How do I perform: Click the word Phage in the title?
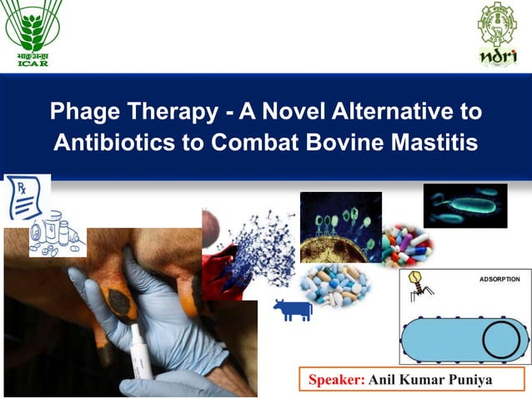tap(87, 112)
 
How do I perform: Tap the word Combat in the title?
tap(246, 143)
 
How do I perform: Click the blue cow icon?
tap(293, 310)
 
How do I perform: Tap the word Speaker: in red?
tap(337, 380)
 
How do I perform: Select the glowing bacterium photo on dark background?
tap(464, 205)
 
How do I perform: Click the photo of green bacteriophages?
tap(340, 226)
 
